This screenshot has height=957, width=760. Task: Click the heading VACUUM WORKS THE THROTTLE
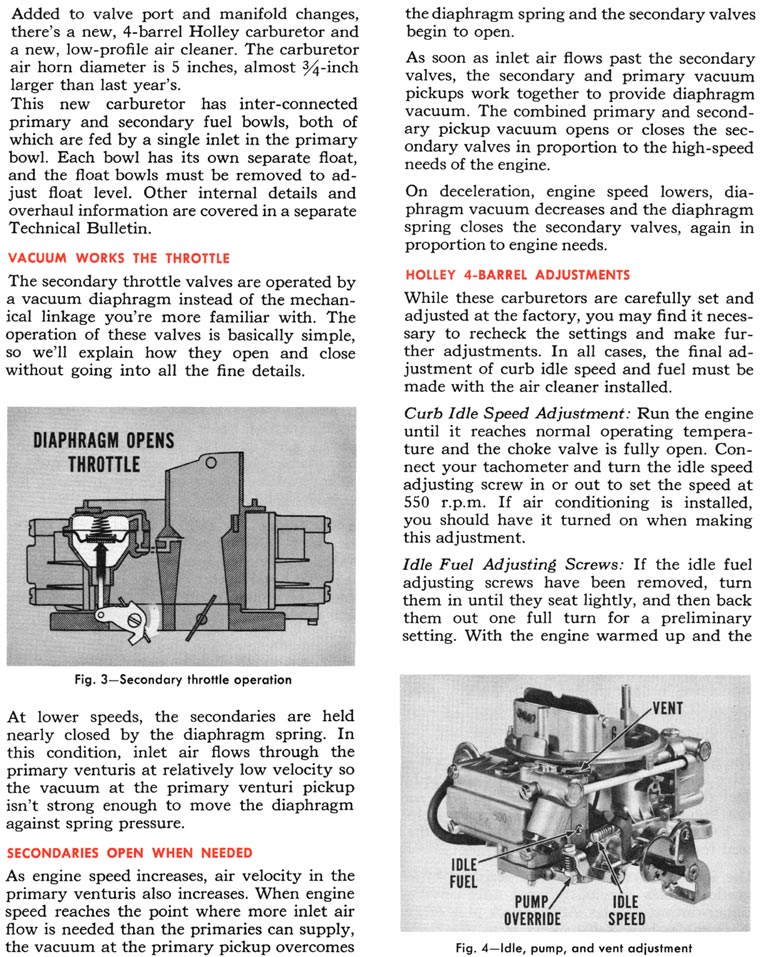click(x=119, y=258)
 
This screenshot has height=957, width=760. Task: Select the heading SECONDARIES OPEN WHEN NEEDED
click(x=131, y=853)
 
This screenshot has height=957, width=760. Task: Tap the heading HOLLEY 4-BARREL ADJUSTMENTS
click(x=517, y=274)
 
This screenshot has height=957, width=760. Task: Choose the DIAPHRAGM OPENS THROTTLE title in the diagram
click(x=103, y=452)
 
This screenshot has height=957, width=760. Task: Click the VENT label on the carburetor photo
click(x=667, y=708)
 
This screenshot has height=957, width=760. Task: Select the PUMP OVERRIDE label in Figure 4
click(x=531, y=910)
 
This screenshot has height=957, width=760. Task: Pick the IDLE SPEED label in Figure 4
click(x=627, y=910)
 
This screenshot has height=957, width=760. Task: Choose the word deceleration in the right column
click(x=477, y=190)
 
